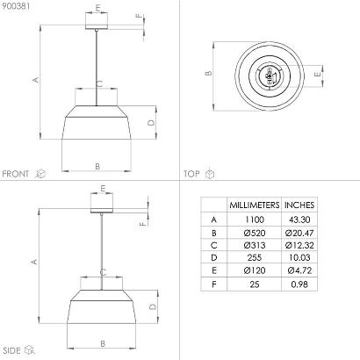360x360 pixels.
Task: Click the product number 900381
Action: [15, 6]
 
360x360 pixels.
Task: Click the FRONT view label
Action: [16, 174]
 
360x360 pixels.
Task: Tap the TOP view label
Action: [191, 174]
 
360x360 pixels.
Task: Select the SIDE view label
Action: [11, 350]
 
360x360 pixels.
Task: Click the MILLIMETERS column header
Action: [255, 205]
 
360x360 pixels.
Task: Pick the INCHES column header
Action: [299, 205]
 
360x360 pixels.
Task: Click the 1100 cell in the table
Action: [255, 220]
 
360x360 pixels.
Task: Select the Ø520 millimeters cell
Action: [255, 233]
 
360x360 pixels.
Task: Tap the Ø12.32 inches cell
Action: [299, 245]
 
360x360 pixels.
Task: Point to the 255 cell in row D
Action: [255, 258]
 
